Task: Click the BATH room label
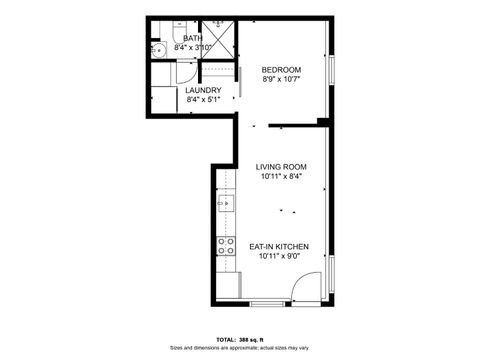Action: [x=192, y=38]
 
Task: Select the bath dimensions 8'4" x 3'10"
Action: [x=192, y=47]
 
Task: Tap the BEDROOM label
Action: [x=281, y=69]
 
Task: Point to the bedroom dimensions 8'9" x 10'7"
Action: [x=281, y=79]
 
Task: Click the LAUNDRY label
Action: [x=203, y=90]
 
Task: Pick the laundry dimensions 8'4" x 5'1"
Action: [x=203, y=100]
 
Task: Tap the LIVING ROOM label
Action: [x=280, y=167]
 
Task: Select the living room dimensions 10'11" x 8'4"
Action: [x=280, y=177]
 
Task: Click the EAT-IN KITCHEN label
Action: [x=279, y=246]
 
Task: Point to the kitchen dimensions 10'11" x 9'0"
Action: [x=279, y=256]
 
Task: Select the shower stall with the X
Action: [x=218, y=36]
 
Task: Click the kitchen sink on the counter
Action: [x=226, y=203]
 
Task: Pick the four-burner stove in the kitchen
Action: [x=226, y=245]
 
